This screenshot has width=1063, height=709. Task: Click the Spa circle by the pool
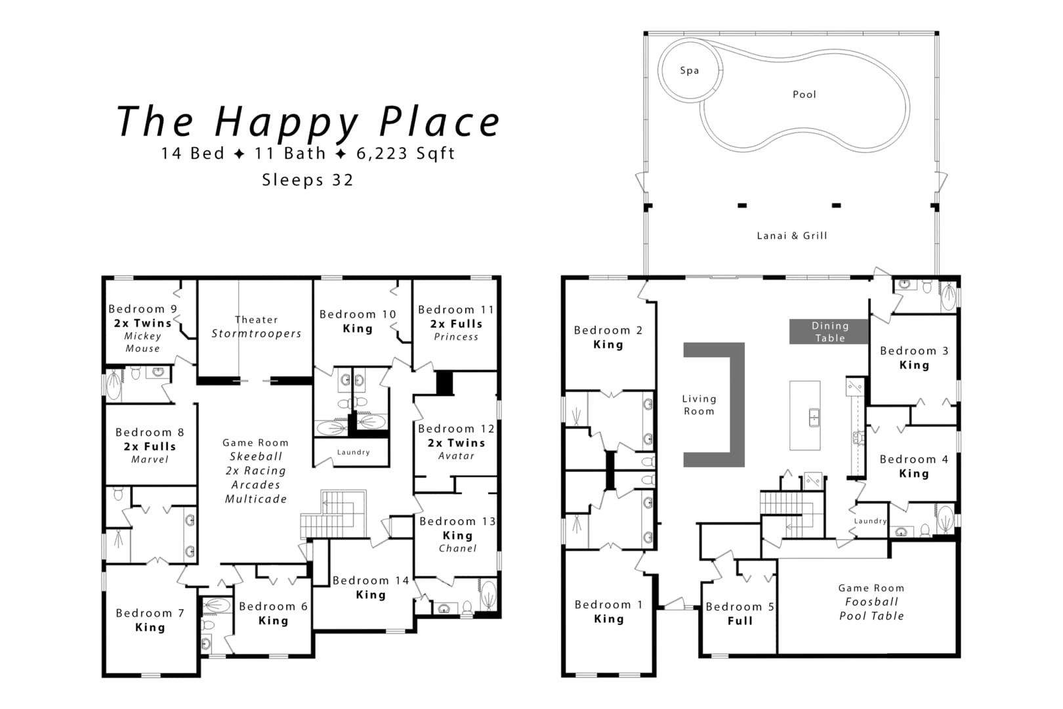click(x=690, y=70)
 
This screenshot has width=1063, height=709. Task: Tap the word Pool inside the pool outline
click(x=804, y=95)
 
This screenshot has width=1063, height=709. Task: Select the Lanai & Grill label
click(x=791, y=236)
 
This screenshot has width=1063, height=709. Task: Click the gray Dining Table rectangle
click(x=829, y=332)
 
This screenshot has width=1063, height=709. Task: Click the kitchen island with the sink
click(x=805, y=416)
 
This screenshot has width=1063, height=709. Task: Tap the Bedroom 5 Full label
click(x=740, y=613)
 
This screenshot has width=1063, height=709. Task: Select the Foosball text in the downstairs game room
click(x=871, y=602)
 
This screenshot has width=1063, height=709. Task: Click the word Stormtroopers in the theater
click(x=256, y=333)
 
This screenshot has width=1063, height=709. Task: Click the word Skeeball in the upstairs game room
click(x=256, y=456)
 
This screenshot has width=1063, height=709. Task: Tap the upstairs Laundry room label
click(x=353, y=452)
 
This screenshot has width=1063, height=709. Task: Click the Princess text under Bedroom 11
click(x=456, y=337)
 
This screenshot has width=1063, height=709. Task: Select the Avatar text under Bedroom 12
click(x=456, y=456)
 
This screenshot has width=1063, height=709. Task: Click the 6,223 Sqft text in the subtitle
click(x=406, y=154)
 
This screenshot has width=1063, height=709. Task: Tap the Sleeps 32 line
click(x=307, y=180)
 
